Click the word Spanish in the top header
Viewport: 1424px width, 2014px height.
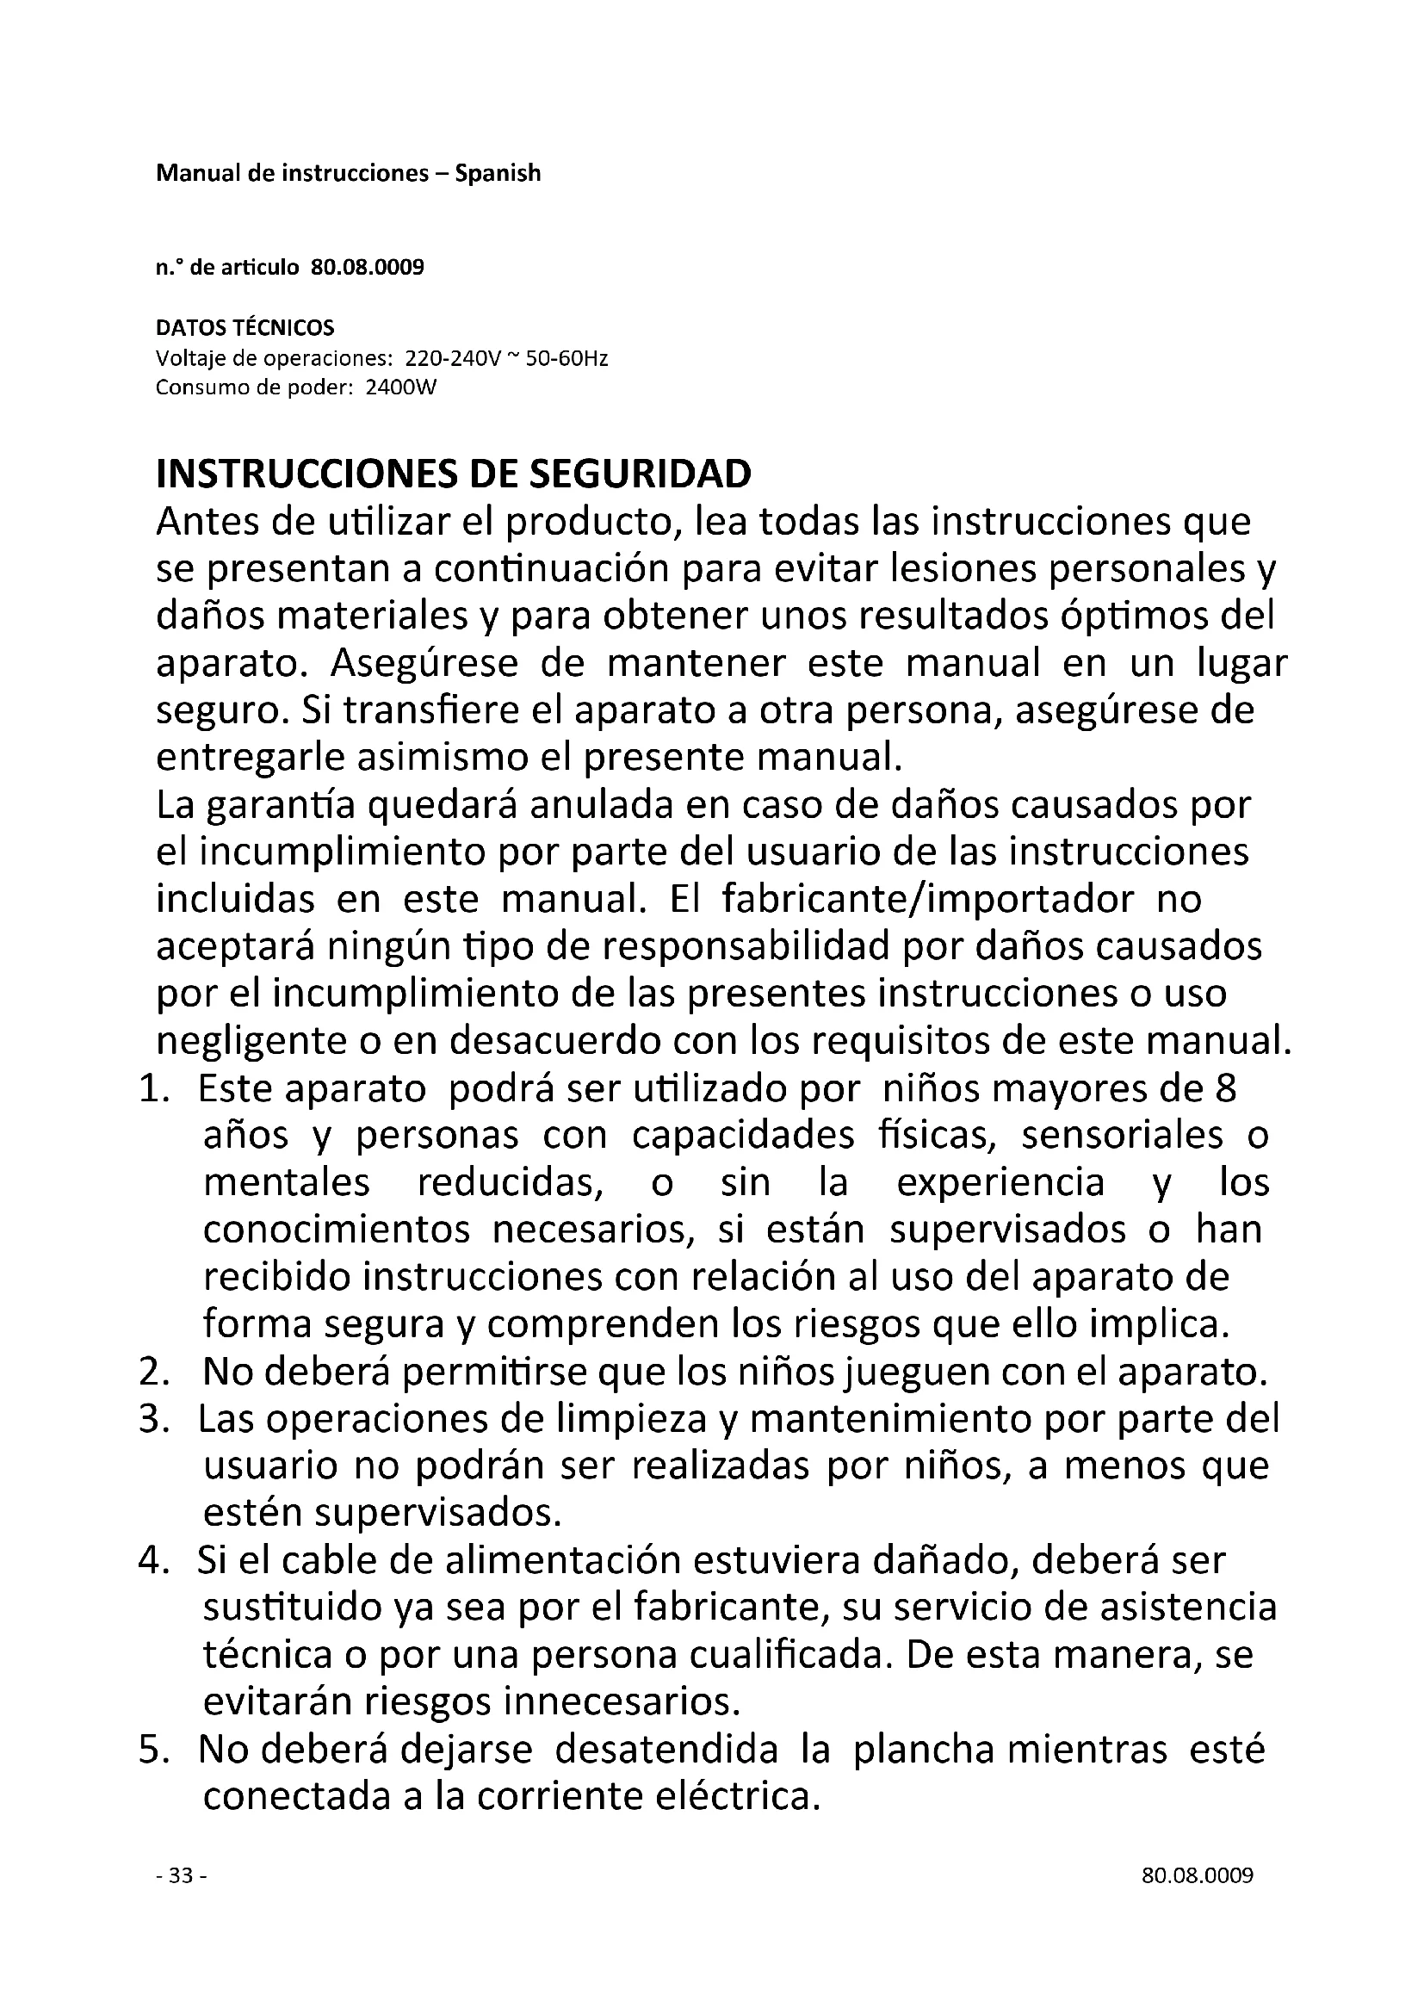pos(497,174)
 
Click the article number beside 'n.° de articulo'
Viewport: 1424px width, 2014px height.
pos(368,268)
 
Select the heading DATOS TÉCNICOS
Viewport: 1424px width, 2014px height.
pos(245,328)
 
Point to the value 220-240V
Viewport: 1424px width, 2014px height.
pos(453,359)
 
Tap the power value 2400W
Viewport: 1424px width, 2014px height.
pos(399,387)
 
